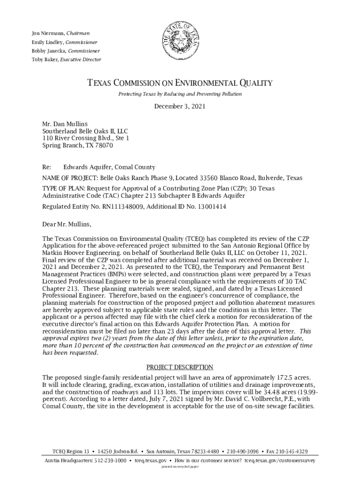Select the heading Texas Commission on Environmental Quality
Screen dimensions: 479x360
click(180, 83)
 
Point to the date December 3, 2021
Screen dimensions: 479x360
click(180, 107)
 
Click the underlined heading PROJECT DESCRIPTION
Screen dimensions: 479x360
click(180, 367)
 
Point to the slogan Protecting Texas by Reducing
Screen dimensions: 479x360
click(180, 94)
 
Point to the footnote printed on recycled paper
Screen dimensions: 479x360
click(180, 467)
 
